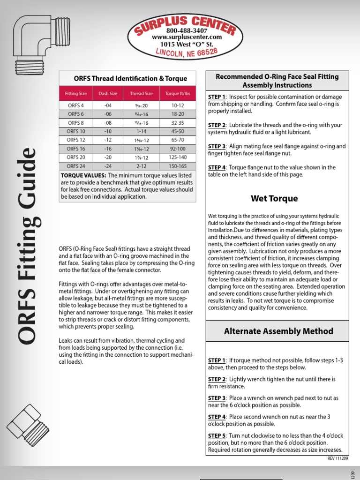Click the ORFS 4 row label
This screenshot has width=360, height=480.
[75, 105]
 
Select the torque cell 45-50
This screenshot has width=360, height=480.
[178, 131]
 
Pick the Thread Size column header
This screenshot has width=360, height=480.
[141, 93]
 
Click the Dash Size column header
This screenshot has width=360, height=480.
[108, 93]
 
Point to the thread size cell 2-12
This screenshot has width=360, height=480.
[141, 165]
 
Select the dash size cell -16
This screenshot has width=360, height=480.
[108, 148]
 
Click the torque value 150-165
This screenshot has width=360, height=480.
[178, 165]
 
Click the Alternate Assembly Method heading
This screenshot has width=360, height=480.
[278, 331]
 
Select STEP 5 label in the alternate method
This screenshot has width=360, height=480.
[217, 435]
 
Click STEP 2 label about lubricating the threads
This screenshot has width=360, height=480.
[217, 125]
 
